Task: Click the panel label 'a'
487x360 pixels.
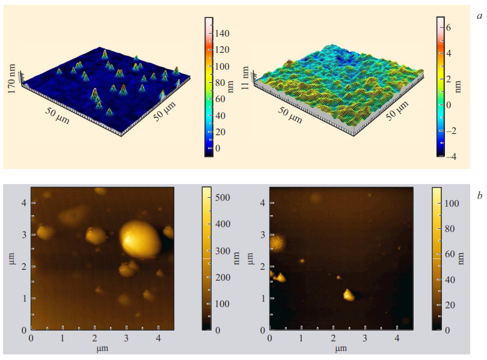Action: tap(480, 16)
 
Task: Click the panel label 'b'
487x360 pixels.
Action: tap(479, 195)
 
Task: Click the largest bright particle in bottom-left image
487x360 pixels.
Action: tap(141, 239)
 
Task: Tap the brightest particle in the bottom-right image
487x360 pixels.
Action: tap(348, 294)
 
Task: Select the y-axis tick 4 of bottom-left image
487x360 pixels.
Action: tap(24, 203)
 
